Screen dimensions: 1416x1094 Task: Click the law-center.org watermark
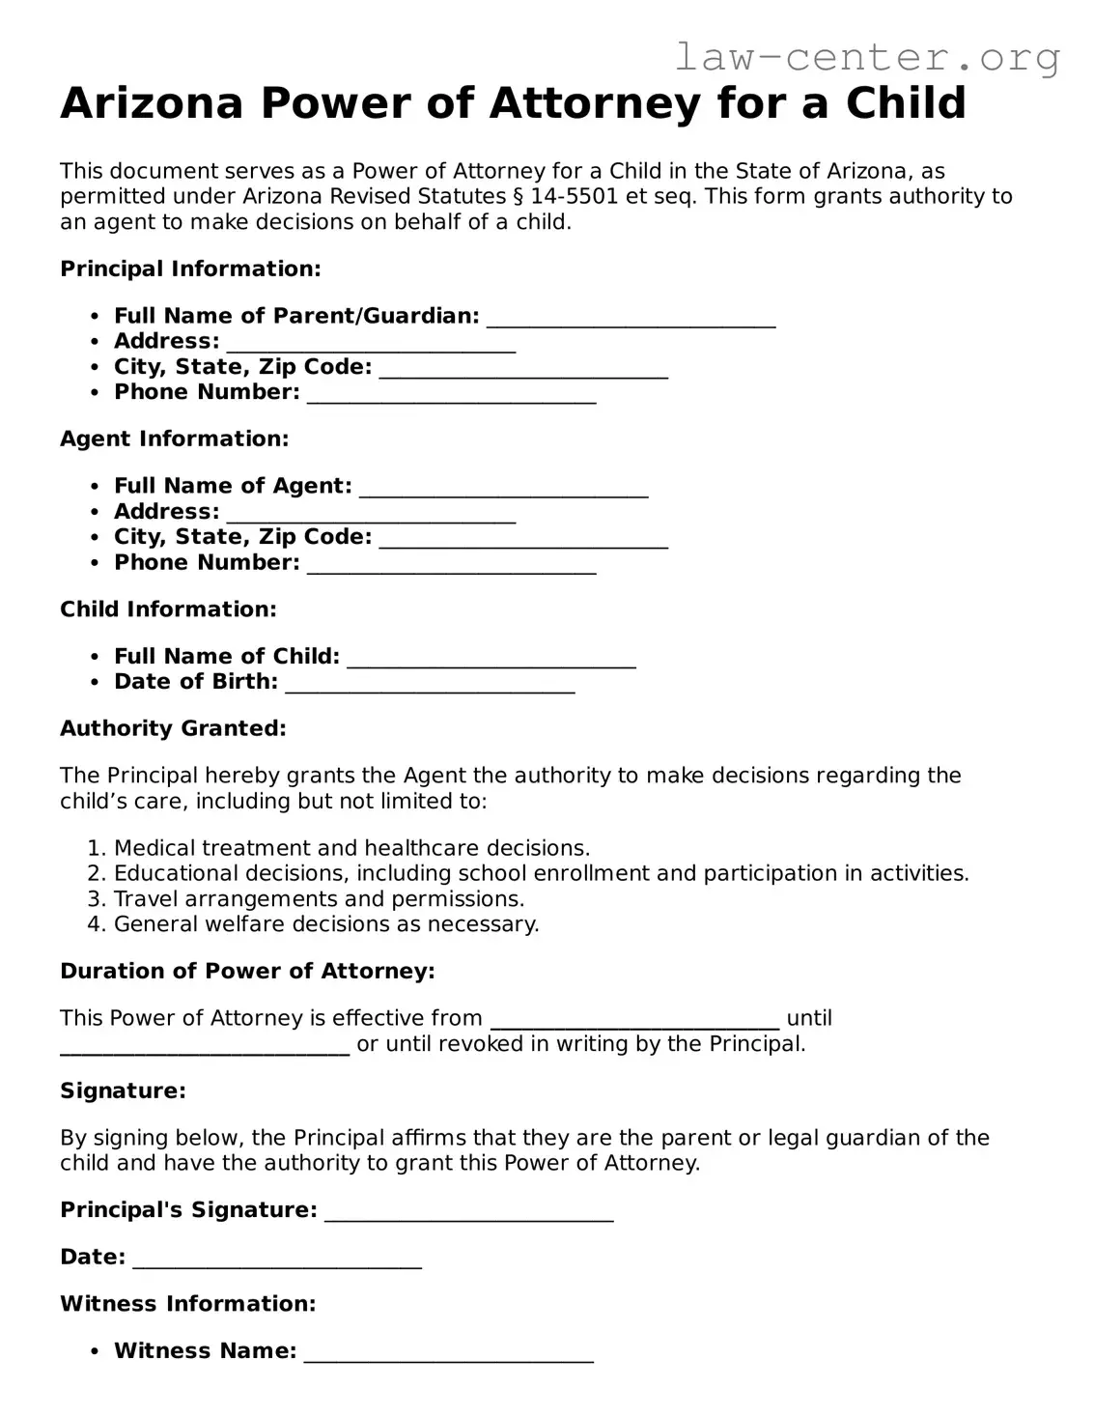click(866, 58)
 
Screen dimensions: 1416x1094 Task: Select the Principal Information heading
click(190, 269)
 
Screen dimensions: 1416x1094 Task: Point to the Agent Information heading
click(174, 439)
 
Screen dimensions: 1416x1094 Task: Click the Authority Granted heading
click(173, 728)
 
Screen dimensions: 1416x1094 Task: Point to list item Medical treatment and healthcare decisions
click(351, 848)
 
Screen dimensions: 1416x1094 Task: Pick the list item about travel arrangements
click(319, 898)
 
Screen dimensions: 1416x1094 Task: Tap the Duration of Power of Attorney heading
click(247, 971)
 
